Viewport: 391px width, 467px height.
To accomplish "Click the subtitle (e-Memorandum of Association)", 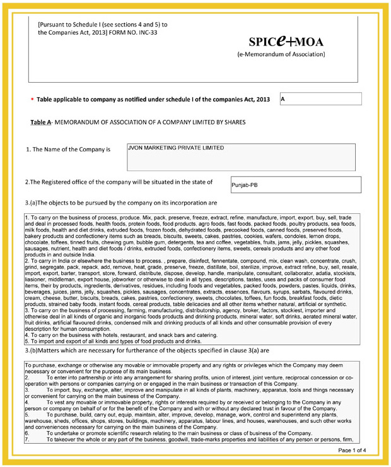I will click(x=281, y=55).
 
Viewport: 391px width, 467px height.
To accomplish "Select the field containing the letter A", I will click(x=320, y=99).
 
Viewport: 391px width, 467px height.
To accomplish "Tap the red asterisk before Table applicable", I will click(x=32, y=100).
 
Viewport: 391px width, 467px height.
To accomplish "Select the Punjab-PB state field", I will click(x=296, y=185).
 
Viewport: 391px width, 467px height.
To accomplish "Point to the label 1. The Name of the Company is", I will click(x=68, y=150).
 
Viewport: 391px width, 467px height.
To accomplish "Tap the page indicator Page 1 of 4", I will click(x=356, y=450).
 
